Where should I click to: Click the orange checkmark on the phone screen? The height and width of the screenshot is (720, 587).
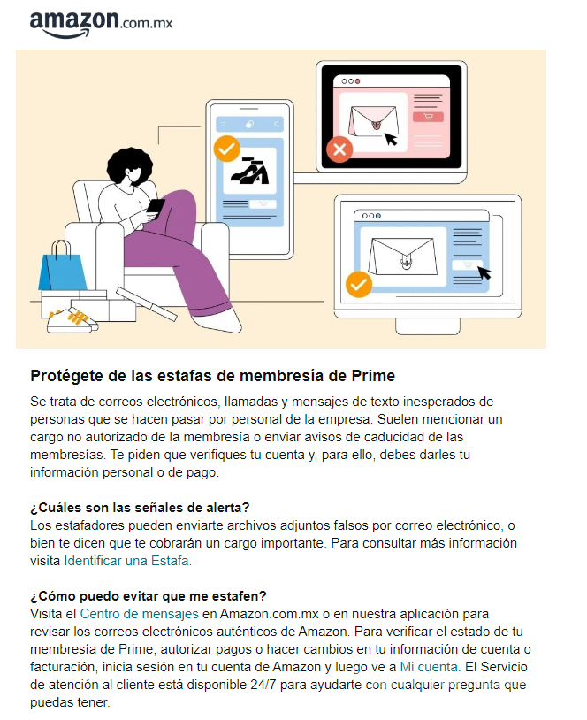227,149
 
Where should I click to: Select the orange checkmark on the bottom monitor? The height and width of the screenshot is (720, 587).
358,284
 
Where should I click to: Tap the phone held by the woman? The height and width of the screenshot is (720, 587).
156,208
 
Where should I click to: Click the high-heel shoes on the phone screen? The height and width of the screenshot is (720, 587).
249,171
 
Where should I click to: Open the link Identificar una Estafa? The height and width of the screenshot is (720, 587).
126,560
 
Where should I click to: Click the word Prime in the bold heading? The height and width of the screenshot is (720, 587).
375,376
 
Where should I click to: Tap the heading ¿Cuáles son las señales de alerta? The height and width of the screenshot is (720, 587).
140,507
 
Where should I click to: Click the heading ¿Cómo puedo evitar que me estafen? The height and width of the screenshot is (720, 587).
149,595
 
